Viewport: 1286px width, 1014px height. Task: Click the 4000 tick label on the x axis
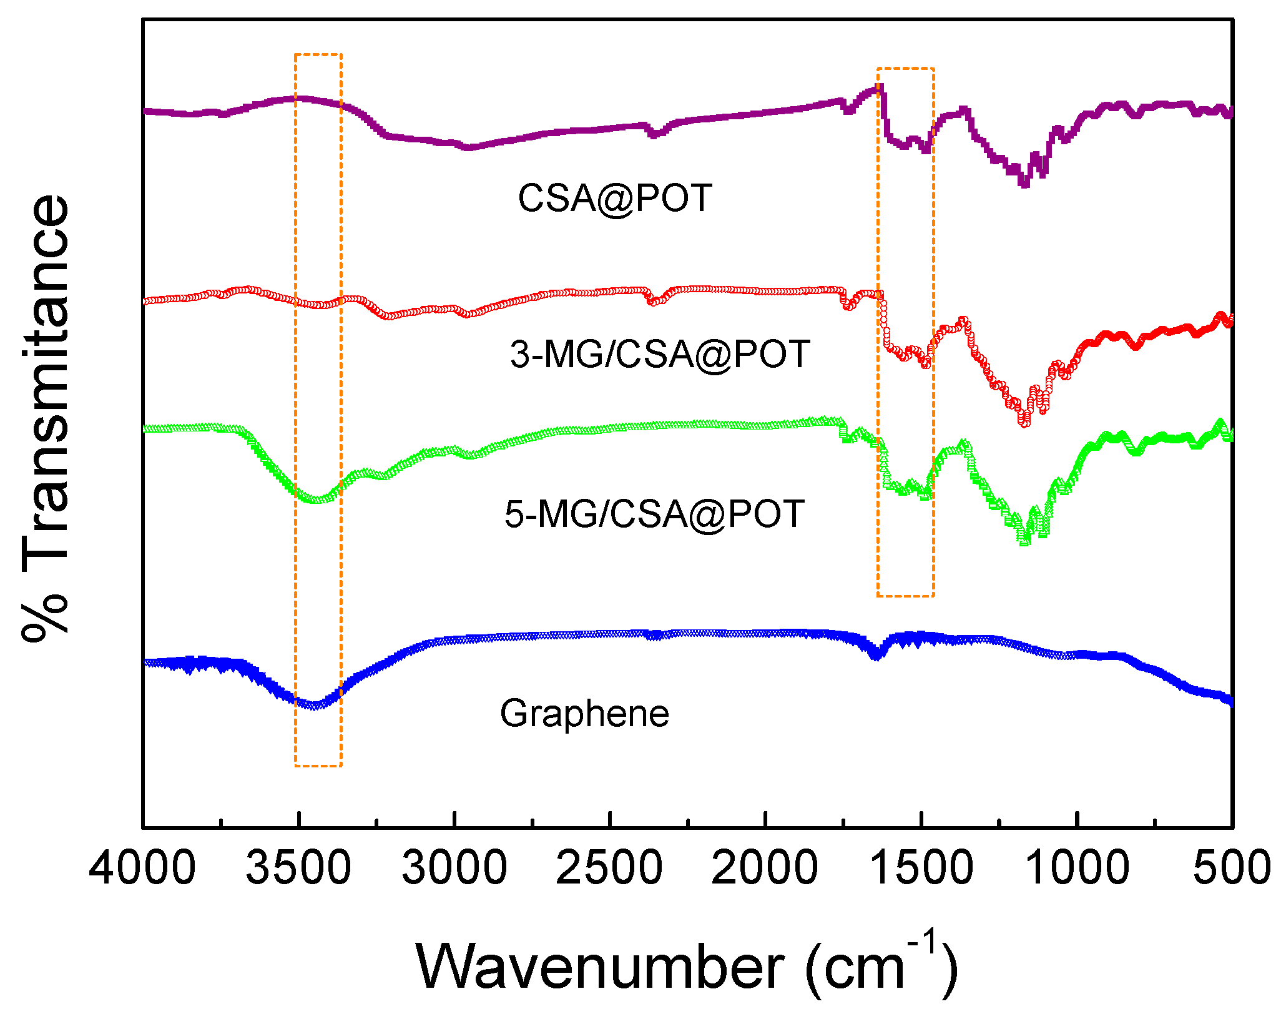pos(142,869)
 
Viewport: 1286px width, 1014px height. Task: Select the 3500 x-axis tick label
pos(298,869)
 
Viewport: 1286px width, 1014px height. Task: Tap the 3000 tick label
pos(454,869)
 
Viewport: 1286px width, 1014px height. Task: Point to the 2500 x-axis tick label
pos(609,869)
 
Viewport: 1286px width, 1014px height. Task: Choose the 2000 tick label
pos(765,869)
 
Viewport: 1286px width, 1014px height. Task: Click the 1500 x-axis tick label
pos(921,869)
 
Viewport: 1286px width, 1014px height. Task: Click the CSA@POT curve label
pos(615,199)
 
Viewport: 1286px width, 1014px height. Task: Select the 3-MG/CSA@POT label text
pos(660,354)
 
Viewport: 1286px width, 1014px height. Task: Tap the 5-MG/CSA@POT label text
pos(654,514)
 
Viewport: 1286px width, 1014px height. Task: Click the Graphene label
pos(584,714)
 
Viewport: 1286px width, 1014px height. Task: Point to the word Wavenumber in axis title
pos(599,967)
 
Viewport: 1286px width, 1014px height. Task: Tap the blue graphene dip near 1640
pos(877,656)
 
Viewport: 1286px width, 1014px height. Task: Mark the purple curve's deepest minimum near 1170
pos(1024,184)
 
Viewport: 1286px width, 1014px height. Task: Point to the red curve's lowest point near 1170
pos(1024,423)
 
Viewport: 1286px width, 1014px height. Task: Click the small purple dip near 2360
pos(654,134)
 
